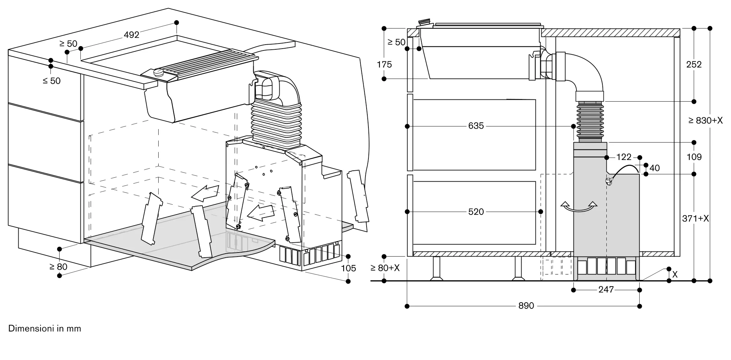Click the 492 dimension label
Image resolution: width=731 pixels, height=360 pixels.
click(132, 35)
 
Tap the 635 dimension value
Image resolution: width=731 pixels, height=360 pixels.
click(476, 126)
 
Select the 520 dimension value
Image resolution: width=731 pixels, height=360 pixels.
click(476, 212)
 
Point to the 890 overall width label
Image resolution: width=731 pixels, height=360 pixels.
click(526, 306)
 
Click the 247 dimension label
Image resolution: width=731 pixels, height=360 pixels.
click(606, 290)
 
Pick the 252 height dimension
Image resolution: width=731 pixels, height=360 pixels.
click(694, 65)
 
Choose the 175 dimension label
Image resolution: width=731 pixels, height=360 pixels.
click(384, 65)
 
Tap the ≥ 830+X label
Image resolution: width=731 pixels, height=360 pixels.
click(705, 121)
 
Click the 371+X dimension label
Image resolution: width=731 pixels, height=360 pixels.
click(696, 219)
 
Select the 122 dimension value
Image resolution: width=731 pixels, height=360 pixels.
click(624, 157)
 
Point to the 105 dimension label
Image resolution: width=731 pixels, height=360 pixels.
click(348, 269)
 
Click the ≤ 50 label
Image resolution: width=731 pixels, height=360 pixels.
click(52, 81)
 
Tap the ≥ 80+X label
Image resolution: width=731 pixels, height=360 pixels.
click(385, 268)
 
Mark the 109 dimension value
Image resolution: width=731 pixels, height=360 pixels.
click(694, 157)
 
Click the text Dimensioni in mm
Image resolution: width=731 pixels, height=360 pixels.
click(45, 329)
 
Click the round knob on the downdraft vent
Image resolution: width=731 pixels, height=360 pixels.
click(159, 72)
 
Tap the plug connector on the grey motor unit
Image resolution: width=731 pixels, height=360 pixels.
click(608, 181)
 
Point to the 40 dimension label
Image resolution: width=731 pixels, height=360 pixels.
click(655, 168)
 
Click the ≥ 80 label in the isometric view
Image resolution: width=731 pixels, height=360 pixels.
click(58, 267)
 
